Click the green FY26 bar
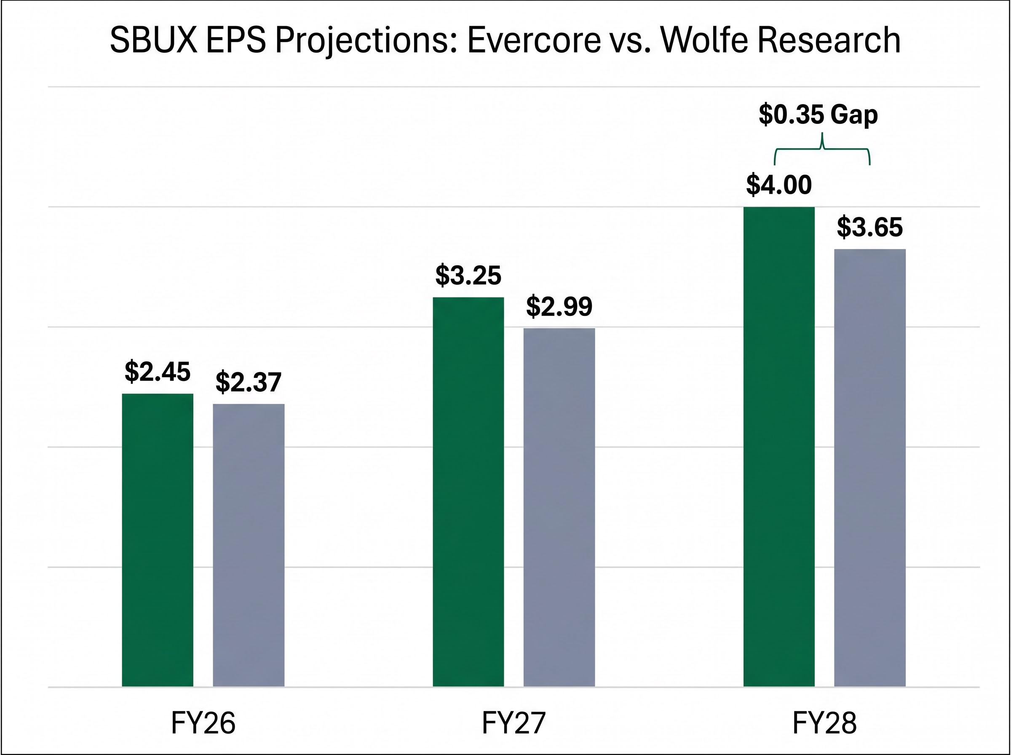click(158, 539)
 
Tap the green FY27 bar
click(468, 491)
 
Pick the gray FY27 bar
click(559, 507)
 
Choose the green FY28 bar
click(779, 446)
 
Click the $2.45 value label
click(158, 372)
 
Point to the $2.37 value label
click(249, 383)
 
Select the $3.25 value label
click(468, 276)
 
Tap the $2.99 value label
click(559, 307)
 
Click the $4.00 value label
click(779, 185)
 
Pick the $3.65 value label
click(870, 227)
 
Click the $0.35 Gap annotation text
click(818, 115)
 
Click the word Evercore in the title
click(534, 40)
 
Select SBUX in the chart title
click(153, 40)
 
